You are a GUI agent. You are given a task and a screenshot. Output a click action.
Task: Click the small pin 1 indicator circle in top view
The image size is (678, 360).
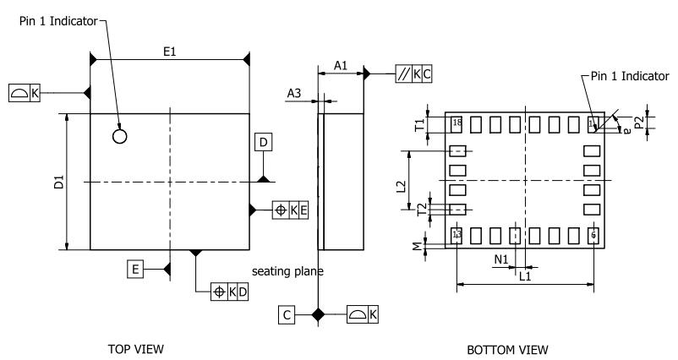coord(120,135)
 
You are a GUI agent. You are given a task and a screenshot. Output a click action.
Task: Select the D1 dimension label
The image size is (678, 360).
coord(58,183)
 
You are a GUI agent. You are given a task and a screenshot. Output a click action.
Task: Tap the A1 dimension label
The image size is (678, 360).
coord(340,65)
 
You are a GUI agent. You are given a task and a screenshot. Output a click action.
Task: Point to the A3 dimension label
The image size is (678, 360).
coord(294,94)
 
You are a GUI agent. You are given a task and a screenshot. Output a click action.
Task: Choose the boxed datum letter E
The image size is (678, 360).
coord(134,270)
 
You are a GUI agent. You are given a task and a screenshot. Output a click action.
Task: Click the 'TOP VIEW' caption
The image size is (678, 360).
coord(135,348)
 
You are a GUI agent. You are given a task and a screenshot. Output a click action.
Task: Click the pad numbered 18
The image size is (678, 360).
coord(457,124)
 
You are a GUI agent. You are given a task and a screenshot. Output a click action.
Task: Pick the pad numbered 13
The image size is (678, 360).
coord(457,235)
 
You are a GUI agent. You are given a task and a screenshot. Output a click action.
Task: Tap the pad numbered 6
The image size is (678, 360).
coord(593,235)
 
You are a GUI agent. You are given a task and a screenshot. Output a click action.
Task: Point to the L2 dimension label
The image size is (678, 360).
coord(401,186)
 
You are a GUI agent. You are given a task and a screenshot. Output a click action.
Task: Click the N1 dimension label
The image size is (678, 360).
coord(500,260)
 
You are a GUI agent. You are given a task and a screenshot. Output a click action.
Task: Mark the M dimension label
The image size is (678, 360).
coord(415,246)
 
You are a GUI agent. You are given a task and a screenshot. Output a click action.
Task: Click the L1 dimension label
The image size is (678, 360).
coord(524,275)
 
